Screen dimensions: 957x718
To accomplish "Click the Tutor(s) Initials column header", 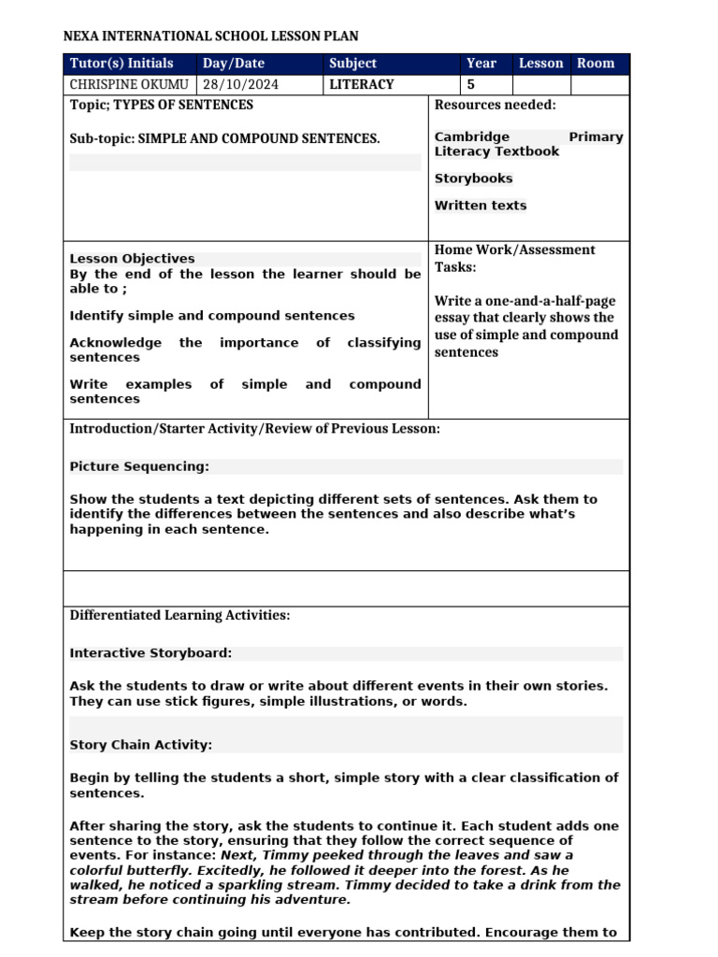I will pyautogui.click(x=122, y=64).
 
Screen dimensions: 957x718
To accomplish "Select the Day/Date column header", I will pyautogui.click(x=234, y=64).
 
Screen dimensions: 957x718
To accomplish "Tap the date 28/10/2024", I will pyautogui.click(x=240, y=84).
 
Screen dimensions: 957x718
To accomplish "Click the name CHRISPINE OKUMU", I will pyautogui.click(x=129, y=84).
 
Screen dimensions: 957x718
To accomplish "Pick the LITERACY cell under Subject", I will pyautogui.click(x=362, y=84).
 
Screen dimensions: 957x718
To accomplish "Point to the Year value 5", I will pyautogui.click(x=470, y=84).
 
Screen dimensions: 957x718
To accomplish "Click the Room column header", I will pyautogui.click(x=596, y=64).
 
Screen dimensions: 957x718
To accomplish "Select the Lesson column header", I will pyautogui.click(x=541, y=64).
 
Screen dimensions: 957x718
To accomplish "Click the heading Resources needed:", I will pyautogui.click(x=495, y=105).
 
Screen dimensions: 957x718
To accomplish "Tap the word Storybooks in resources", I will pyautogui.click(x=473, y=179).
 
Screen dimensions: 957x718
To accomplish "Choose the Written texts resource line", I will pyautogui.click(x=481, y=206).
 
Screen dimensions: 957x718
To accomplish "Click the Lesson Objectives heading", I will pyautogui.click(x=132, y=259).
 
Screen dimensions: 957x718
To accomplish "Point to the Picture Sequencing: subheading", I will pyautogui.click(x=139, y=466).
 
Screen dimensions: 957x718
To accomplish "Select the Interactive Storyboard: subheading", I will pyautogui.click(x=151, y=653).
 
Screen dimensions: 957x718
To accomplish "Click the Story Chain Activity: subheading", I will pyautogui.click(x=141, y=745).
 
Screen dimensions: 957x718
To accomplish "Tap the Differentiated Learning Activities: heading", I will pyautogui.click(x=179, y=615).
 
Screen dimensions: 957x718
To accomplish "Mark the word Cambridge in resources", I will pyautogui.click(x=472, y=137).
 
